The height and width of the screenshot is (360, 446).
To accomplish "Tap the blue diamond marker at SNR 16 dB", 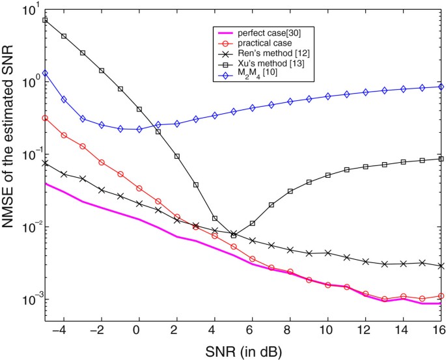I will (x=441, y=87).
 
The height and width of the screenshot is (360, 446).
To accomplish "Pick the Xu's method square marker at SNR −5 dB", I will (x=45, y=20).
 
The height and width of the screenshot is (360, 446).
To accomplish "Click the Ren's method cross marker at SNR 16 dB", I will (x=441, y=266).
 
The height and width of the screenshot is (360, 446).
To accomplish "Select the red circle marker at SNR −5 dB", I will (x=45, y=118).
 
